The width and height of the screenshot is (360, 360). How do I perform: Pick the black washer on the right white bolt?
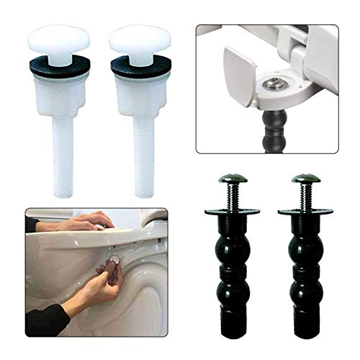pyautogui.click(x=139, y=66)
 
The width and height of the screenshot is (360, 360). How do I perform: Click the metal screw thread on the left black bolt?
pyautogui.click(x=232, y=196)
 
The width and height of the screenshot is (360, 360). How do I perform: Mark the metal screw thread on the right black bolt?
pyautogui.click(x=305, y=196)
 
